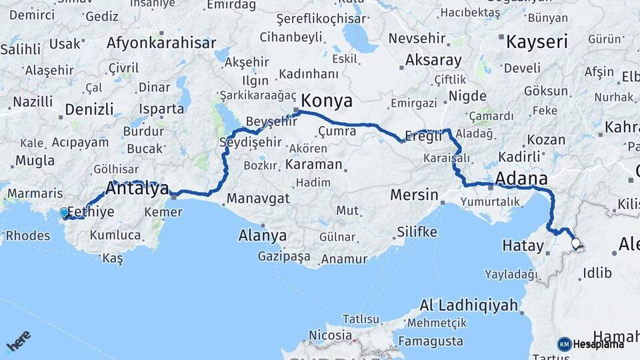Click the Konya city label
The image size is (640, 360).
327,101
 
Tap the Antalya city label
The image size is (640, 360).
137,189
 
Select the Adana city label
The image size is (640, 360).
523,179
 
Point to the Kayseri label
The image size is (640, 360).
537,42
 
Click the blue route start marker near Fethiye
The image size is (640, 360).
64,212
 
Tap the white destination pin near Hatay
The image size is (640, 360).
575,245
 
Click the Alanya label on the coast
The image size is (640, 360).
263,235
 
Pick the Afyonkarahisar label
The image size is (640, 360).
162,43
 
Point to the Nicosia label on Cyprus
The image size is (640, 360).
331,335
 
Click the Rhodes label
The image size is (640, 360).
27,235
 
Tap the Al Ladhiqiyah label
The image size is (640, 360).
469,306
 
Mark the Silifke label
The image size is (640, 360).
417,232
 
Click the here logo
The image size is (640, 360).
19,342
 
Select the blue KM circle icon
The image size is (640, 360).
564,344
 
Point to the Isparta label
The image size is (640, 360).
161,108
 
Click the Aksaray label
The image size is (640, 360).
433,61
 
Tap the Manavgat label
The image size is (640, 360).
258,199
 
